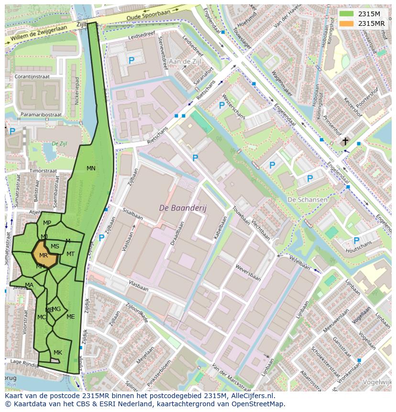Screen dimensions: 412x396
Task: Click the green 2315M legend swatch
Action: coord(347,13)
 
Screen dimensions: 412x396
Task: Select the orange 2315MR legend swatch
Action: coord(347,23)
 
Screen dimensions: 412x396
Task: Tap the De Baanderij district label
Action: coord(180,208)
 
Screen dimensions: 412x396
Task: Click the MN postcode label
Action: coord(91,168)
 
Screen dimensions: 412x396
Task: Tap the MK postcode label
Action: coord(58,353)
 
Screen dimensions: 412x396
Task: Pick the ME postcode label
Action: coord(71,316)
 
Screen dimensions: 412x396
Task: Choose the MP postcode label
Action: coord(47,223)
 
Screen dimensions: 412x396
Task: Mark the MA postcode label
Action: coord(29,285)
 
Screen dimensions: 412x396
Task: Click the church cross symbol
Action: coord(345,141)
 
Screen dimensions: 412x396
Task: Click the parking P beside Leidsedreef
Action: coord(131,60)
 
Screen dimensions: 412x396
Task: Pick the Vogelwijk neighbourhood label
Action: coord(378,382)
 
